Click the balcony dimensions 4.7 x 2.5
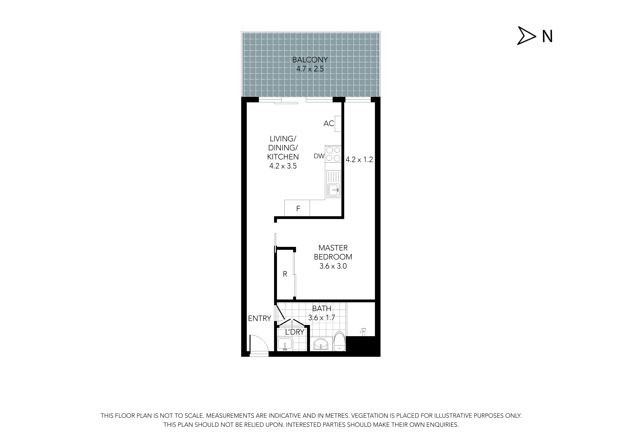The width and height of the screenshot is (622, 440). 310,69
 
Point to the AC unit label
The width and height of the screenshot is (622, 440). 329,124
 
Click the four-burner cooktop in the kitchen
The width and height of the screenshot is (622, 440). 333,154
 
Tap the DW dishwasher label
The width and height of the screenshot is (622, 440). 319,156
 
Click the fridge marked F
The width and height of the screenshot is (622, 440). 297,208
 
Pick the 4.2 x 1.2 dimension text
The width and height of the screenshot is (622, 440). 359,160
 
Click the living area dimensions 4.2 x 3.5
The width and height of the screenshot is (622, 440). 283,166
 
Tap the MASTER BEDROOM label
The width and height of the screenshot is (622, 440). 333,252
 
